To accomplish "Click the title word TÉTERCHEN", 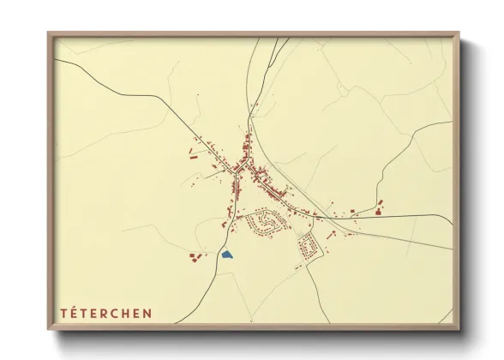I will pos(105,313).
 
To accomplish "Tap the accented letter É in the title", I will pos(74,313).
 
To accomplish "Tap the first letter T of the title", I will pos(63,313).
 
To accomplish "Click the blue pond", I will pos(227,254).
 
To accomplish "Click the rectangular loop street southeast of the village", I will pos(309,247).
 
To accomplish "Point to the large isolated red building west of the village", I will pos(193,155).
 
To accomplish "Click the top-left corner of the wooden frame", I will pos(50,34).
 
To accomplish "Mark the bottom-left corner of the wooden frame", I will pos(50,329).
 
